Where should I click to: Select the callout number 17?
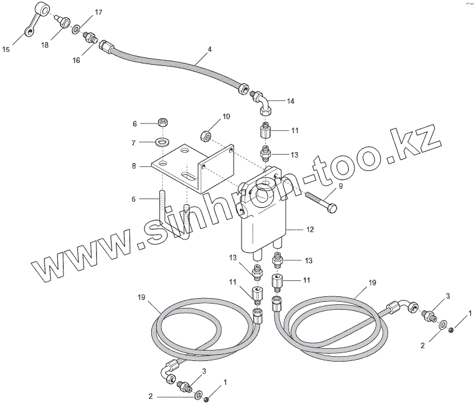(98, 13)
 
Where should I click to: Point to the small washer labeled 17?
(76, 29)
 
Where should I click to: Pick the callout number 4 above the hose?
(209, 48)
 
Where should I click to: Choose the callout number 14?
(290, 101)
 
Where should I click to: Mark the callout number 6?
(135, 124)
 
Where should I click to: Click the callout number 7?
(135, 143)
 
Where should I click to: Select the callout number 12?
(310, 230)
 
